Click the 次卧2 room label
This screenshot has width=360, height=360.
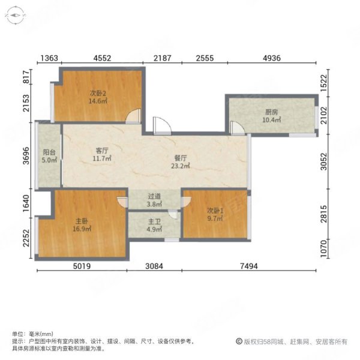98,94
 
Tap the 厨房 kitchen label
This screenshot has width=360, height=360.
271,112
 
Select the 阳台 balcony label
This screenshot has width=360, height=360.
49,153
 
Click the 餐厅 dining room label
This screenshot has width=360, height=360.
179,158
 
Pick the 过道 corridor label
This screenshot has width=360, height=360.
154,196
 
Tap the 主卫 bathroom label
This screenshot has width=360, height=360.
154,221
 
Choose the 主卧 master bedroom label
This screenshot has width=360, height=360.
81,221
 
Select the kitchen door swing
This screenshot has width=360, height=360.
238,127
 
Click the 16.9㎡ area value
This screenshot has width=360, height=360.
81,229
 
